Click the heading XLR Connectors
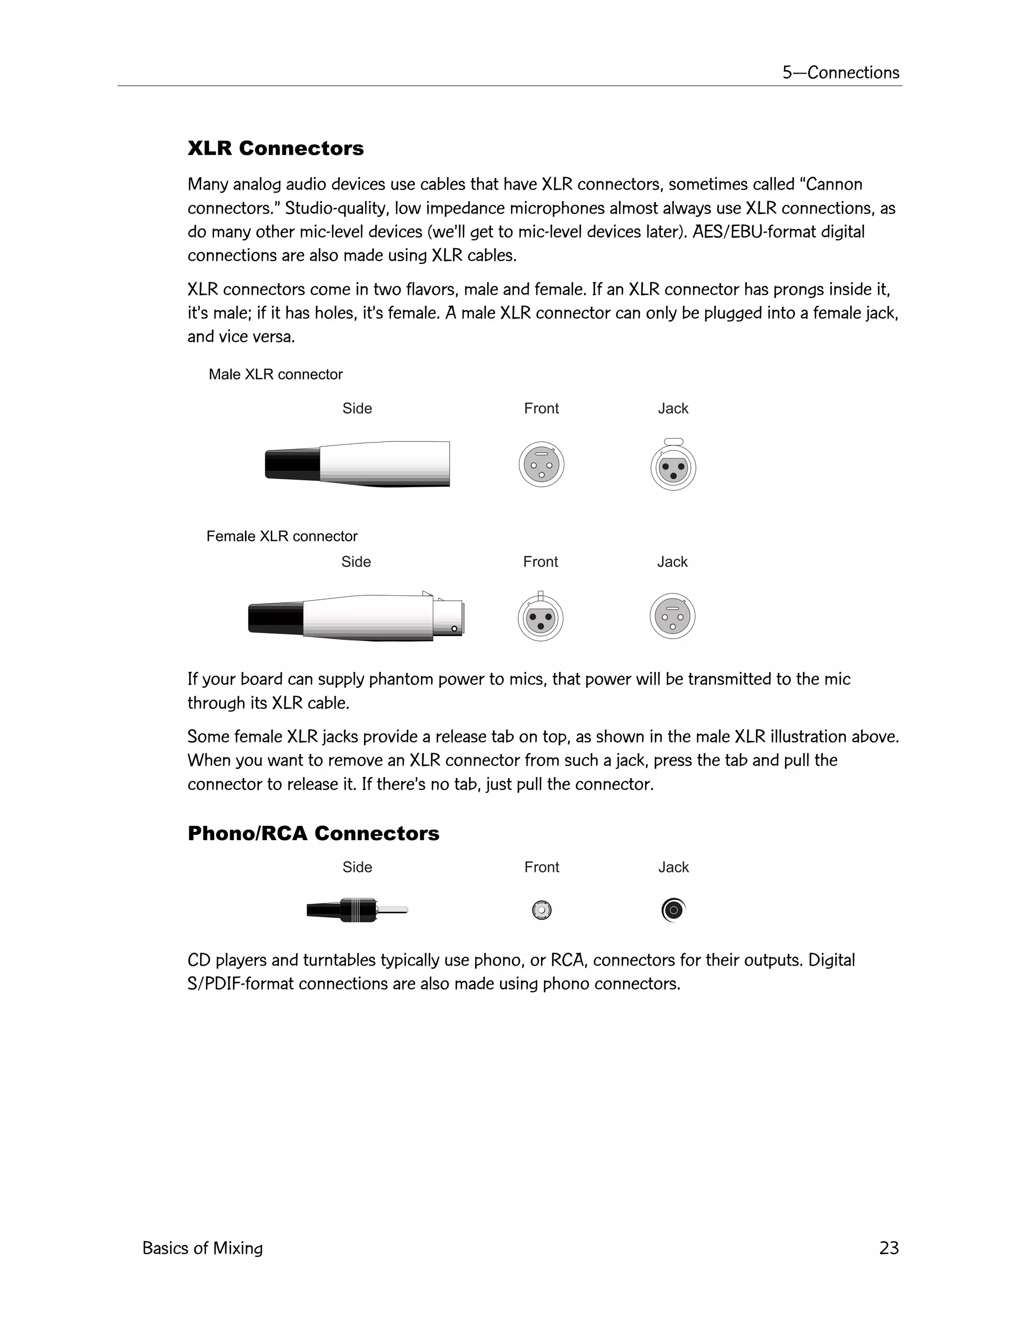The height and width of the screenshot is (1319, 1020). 275,148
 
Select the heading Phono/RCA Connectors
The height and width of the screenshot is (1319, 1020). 313,833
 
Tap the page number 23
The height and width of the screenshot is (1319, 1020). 889,1248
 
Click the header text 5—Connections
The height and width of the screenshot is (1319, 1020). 841,73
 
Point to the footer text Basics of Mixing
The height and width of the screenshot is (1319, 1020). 202,1248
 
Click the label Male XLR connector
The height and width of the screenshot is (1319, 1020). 275,374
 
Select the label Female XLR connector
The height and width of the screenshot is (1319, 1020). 281,536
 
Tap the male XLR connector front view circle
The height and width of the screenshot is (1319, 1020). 541,464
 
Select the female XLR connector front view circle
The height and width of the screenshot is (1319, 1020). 540,618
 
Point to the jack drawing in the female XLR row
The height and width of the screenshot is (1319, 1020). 672,616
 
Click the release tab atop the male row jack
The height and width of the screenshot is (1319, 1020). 673,441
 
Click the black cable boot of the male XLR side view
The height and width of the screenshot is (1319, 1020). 293,464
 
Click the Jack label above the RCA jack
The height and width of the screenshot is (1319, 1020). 673,867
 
